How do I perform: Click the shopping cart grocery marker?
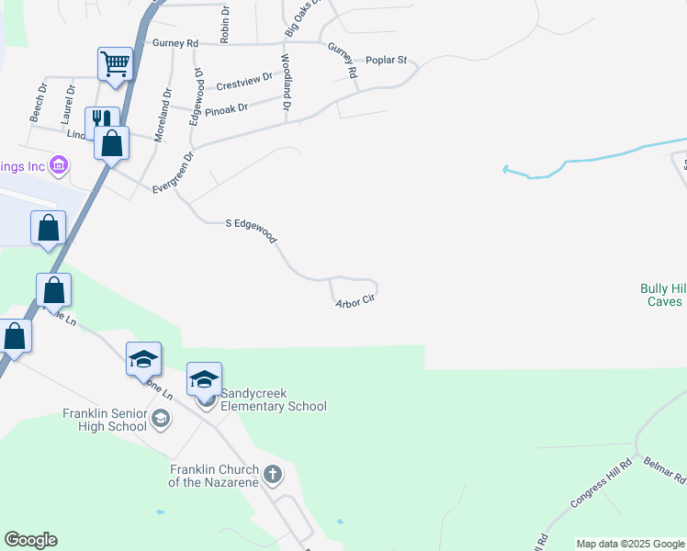[116, 64]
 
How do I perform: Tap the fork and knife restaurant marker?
[101, 122]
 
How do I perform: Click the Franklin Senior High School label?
[105, 420]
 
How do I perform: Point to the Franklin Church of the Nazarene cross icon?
[273, 474]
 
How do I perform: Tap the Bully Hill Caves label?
[661, 295]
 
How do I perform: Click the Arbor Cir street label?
[356, 300]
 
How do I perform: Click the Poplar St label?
[386, 60]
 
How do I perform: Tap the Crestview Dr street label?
[244, 83]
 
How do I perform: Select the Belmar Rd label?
[665, 471]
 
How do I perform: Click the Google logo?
[30, 540]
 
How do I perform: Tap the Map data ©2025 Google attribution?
[631, 544]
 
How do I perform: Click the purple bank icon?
[59, 166]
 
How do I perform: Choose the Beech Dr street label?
[39, 106]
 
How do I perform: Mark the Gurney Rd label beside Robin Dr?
[175, 43]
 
